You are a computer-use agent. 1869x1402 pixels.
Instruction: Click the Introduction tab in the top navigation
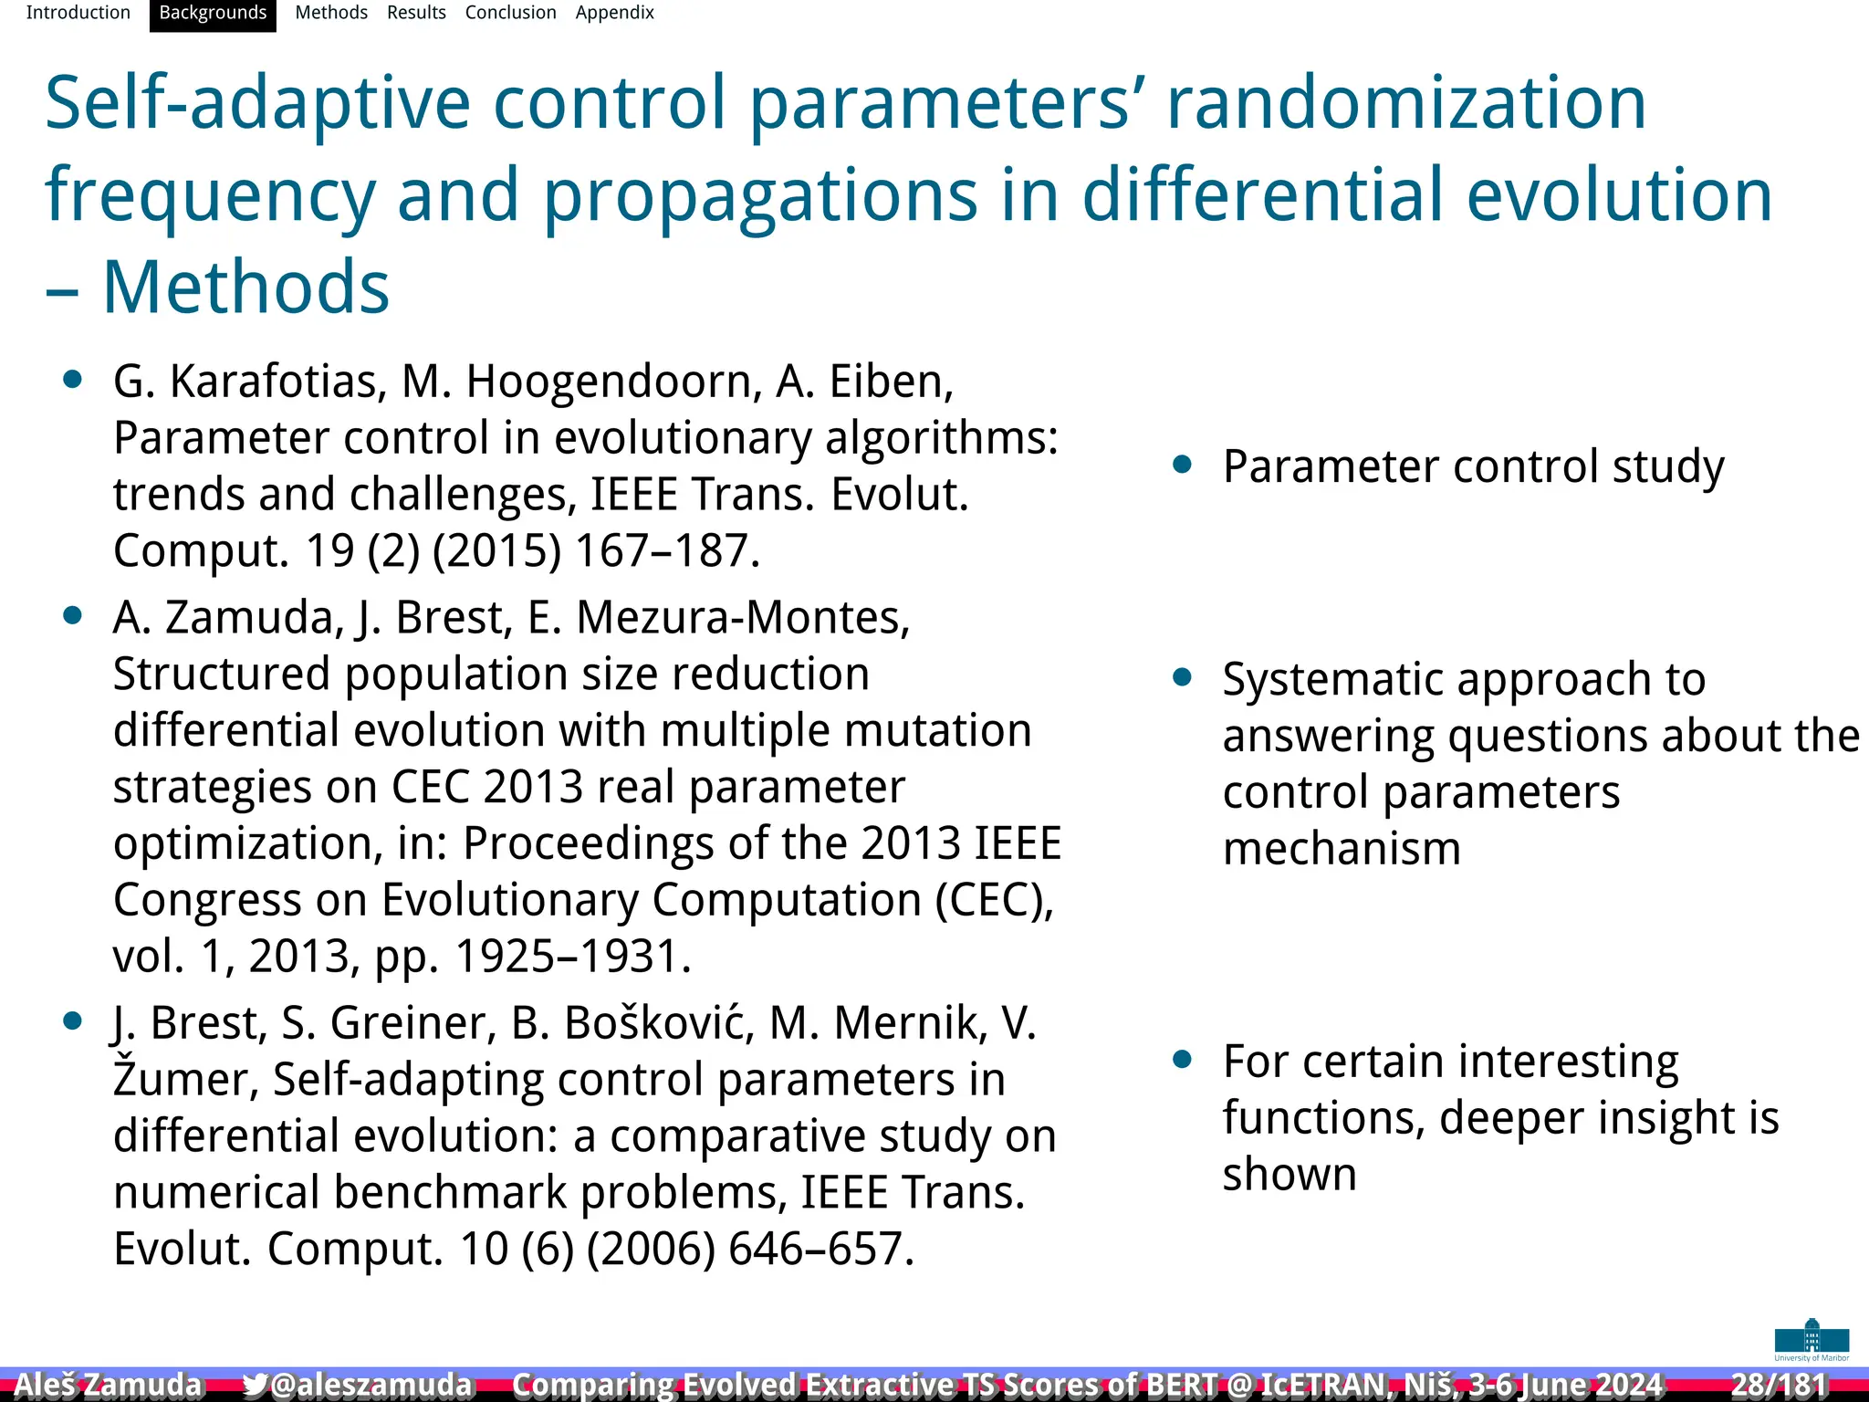click(x=78, y=13)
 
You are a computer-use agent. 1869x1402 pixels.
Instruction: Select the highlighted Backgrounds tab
click(x=213, y=13)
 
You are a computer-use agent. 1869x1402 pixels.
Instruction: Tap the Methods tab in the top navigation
click(x=330, y=13)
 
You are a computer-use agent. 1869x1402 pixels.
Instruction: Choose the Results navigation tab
click(x=416, y=13)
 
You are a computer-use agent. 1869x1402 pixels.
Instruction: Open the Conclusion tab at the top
click(x=510, y=13)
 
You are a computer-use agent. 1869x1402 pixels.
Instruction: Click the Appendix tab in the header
click(x=614, y=13)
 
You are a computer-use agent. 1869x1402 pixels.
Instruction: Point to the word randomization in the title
click(x=1406, y=102)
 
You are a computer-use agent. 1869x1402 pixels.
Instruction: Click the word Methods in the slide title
click(x=245, y=287)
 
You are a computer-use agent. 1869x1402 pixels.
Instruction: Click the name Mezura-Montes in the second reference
click(x=743, y=618)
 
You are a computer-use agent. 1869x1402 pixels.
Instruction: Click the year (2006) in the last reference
click(x=650, y=1249)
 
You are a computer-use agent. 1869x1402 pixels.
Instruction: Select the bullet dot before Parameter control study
click(x=1183, y=466)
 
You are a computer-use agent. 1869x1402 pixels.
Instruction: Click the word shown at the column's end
click(x=1289, y=1174)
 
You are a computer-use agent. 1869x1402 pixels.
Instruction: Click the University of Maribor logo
click(x=1812, y=1339)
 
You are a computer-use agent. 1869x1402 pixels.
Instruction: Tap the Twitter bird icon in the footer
click(x=256, y=1385)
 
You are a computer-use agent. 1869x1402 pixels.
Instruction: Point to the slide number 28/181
click(x=1779, y=1385)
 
